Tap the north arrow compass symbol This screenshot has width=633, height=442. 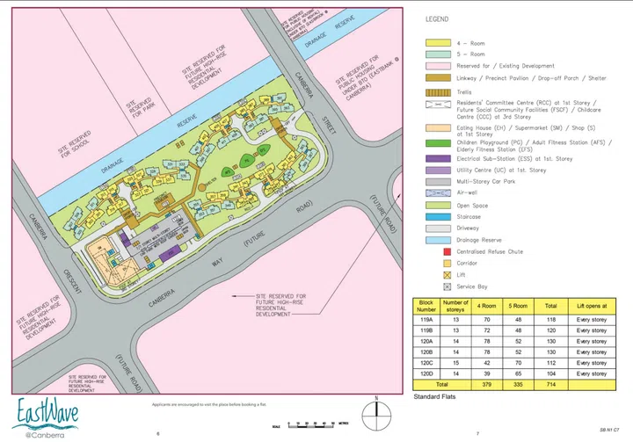coord(376,412)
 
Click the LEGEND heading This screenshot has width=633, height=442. coord(437,18)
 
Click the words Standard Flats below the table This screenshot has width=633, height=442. coord(437,397)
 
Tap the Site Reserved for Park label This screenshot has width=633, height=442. coord(140,105)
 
